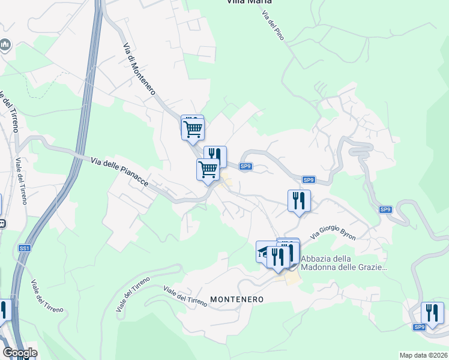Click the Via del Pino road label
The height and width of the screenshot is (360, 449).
click(x=273, y=25)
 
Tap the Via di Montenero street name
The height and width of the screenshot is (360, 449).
click(x=139, y=69)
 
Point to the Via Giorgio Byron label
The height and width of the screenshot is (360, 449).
click(x=334, y=229)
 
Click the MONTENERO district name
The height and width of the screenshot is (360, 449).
click(x=237, y=299)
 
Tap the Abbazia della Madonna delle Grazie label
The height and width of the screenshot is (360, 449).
click(x=343, y=263)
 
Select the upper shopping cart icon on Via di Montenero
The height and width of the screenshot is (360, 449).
click(x=193, y=128)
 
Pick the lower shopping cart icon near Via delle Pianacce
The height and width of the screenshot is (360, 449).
click(x=208, y=169)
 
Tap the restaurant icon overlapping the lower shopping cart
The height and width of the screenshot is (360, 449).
click(x=216, y=156)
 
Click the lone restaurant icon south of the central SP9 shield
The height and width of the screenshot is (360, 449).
click(x=298, y=200)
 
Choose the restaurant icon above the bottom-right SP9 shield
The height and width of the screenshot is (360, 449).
click(x=432, y=312)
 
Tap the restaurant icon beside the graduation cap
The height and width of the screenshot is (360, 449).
click(x=279, y=257)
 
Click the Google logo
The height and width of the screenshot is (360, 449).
click(x=20, y=352)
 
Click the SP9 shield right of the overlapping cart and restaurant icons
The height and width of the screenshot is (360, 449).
click(x=245, y=166)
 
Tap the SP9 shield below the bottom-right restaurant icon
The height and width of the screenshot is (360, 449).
click(x=419, y=327)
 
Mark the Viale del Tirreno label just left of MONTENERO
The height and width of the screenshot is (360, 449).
click(x=185, y=297)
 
